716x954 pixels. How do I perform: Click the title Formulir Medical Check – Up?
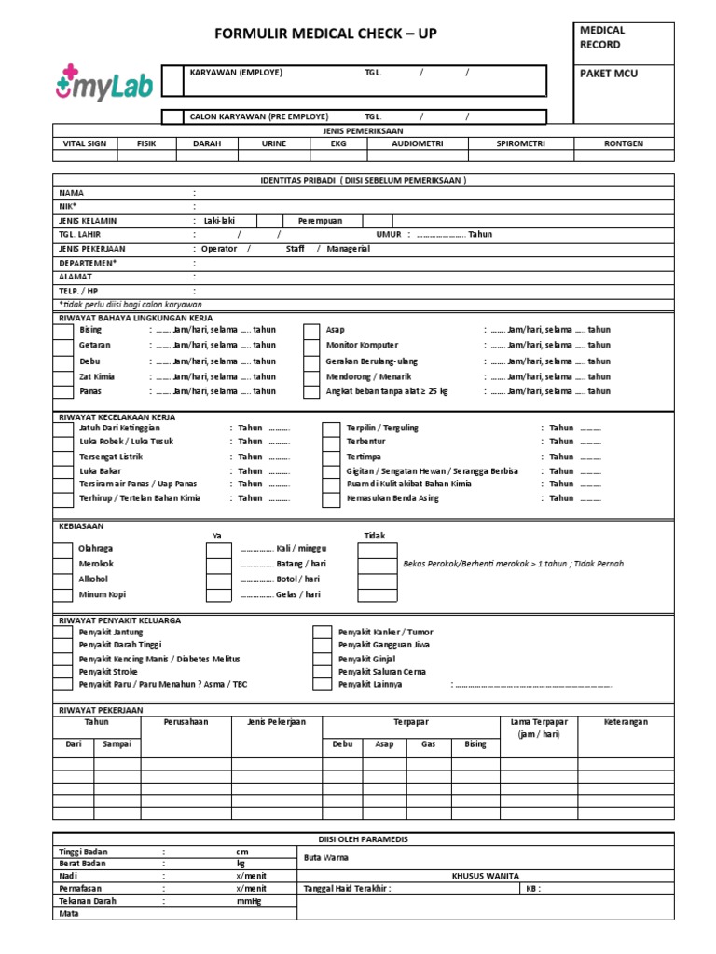tap(325, 34)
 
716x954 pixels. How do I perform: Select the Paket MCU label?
tap(607, 74)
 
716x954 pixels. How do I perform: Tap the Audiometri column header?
tap(417, 144)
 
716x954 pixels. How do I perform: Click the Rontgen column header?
tap(623, 144)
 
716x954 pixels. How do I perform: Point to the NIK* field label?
tap(67, 206)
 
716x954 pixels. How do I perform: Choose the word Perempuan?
tap(320, 221)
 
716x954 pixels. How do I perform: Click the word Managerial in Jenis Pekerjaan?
tap(349, 249)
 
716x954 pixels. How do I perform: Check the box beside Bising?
tap(62, 331)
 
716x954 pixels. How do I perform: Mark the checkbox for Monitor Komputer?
tap(312, 346)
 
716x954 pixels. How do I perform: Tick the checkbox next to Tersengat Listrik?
tap(62, 457)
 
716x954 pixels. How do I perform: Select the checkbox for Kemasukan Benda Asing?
tap(330, 499)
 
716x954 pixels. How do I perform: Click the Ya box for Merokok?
tap(218, 565)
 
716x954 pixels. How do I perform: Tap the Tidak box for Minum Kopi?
tap(377, 595)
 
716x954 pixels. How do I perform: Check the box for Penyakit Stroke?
tap(62, 671)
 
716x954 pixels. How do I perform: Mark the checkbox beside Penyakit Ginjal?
tap(322, 659)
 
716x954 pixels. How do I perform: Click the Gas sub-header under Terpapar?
tap(429, 744)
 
